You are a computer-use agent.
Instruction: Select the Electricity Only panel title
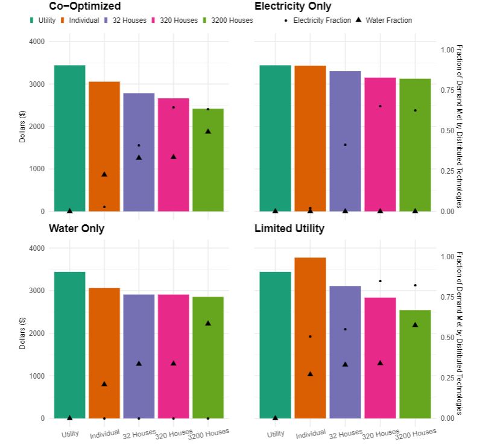[x=292, y=7]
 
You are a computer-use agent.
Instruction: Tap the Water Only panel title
[x=76, y=229]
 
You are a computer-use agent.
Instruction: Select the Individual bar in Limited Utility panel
[x=310, y=338]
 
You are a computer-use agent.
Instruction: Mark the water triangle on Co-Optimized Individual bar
[x=104, y=174]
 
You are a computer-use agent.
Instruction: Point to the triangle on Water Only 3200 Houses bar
[x=208, y=323]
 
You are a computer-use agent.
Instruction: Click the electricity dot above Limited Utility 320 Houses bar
[x=380, y=281]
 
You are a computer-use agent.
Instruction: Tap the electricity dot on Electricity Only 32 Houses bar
[x=345, y=145]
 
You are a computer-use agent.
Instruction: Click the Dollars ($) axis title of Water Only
[x=22, y=333]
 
